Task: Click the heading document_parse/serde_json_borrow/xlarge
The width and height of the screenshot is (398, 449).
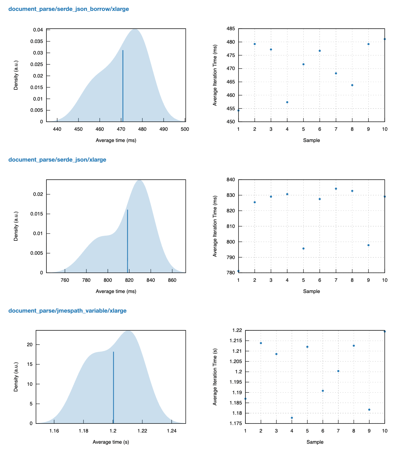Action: [x=69, y=9]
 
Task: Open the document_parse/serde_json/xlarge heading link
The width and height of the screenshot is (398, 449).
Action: [x=57, y=160]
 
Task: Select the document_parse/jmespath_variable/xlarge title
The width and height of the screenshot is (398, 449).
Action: [x=67, y=311]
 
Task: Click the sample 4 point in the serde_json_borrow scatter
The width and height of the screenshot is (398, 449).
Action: [x=287, y=102]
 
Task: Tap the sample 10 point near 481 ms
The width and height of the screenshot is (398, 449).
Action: [x=385, y=39]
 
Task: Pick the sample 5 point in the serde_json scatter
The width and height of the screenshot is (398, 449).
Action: [x=303, y=248]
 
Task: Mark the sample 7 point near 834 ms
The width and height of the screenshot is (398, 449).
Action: [x=336, y=189]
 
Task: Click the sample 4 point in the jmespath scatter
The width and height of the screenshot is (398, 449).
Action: [x=292, y=418]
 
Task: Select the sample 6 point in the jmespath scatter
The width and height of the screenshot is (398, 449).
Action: [x=323, y=391]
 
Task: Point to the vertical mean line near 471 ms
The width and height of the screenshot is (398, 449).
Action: [x=123, y=86]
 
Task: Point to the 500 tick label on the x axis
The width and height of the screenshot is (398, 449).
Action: [x=185, y=129]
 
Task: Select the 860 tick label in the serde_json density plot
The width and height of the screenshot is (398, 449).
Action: [x=172, y=280]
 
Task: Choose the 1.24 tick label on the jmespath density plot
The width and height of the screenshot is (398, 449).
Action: [x=171, y=431]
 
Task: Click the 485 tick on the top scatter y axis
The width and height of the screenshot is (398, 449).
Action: [x=231, y=29]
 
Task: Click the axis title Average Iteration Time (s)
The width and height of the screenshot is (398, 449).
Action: [x=215, y=377]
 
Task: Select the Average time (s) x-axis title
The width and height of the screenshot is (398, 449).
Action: [x=111, y=442]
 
